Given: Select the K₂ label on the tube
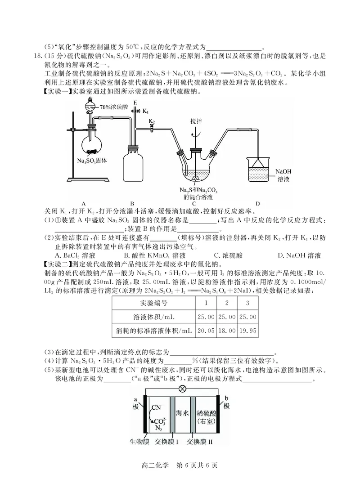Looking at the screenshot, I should click(152, 122).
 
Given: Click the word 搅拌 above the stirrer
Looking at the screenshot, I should click(196, 121).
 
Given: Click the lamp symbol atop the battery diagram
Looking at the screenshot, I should click(183, 389).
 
